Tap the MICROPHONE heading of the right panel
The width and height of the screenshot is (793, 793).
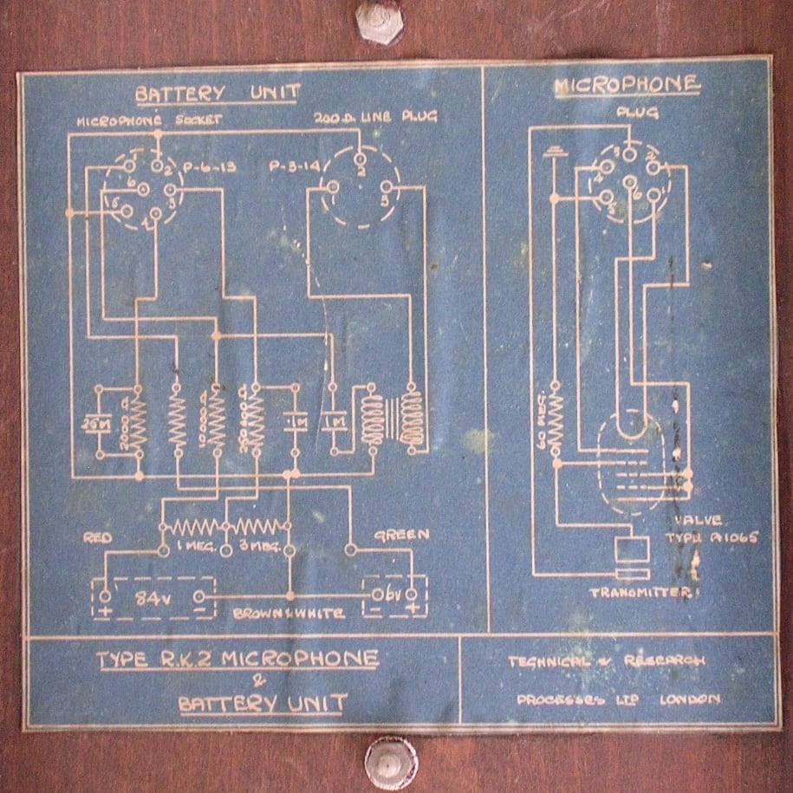[x=627, y=85]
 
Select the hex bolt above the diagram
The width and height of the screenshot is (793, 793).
[x=379, y=22]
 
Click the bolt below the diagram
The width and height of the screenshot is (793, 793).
[x=390, y=759]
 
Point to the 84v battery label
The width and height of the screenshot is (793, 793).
[x=153, y=597]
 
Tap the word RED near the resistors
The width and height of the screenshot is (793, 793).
[x=97, y=537]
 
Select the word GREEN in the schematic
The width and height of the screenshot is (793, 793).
[x=401, y=535]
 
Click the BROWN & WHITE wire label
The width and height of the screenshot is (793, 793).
[x=289, y=614]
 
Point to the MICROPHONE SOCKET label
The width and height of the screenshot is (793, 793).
[x=137, y=121]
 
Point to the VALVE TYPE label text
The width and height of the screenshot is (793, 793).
[x=716, y=530]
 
